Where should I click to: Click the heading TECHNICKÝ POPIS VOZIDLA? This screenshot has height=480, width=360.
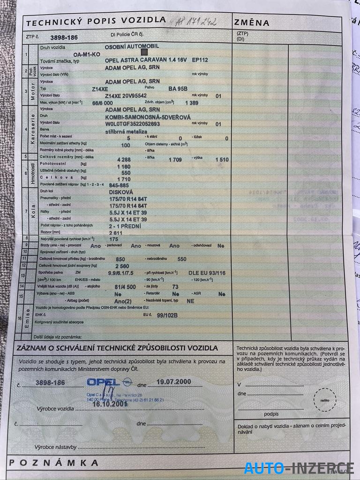pos(96,21)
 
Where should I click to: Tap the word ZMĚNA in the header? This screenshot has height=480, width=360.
pos(252,22)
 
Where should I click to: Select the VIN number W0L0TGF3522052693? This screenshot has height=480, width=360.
pos(139,124)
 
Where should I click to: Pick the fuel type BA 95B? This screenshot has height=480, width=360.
pos(178,88)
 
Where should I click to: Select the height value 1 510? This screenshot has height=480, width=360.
pos(222,160)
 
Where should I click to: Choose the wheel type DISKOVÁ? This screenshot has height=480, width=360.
pos(121,192)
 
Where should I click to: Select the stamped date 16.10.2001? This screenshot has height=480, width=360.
pos(110,404)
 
